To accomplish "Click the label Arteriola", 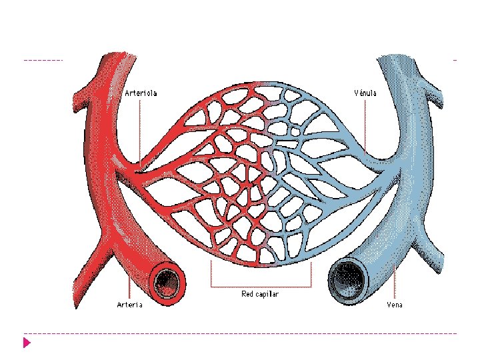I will coord(141,93).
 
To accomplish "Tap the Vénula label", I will coord(365,93).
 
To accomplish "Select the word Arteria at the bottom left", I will coord(129,305).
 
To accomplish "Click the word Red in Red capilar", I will coord(247,293).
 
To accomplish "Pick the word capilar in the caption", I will coord(267,293).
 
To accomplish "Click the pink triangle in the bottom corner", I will coord(27,343).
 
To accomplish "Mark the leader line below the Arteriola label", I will coord(140,130).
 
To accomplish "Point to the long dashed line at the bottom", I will coord(240,333).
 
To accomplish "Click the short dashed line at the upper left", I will coord(43,60).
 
